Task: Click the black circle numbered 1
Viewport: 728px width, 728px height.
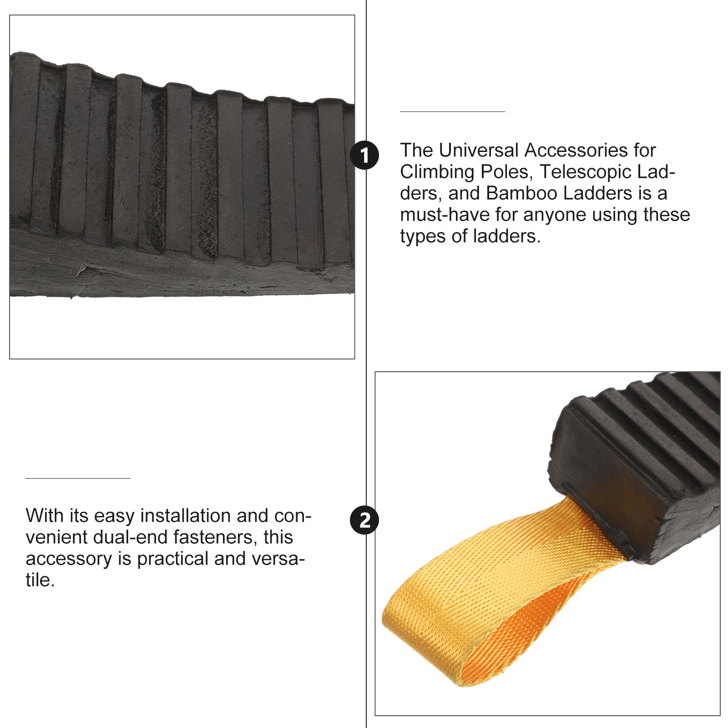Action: click(x=364, y=155)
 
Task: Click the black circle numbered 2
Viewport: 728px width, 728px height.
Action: click(x=364, y=520)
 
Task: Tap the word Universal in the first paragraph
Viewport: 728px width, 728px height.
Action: click(x=479, y=150)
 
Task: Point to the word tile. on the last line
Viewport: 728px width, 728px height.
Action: click(x=40, y=580)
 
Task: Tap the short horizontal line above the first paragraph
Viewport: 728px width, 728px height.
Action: click(x=452, y=111)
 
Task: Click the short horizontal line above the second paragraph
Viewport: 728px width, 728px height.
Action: click(x=78, y=478)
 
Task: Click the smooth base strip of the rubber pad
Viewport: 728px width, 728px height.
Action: click(x=182, y=275)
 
